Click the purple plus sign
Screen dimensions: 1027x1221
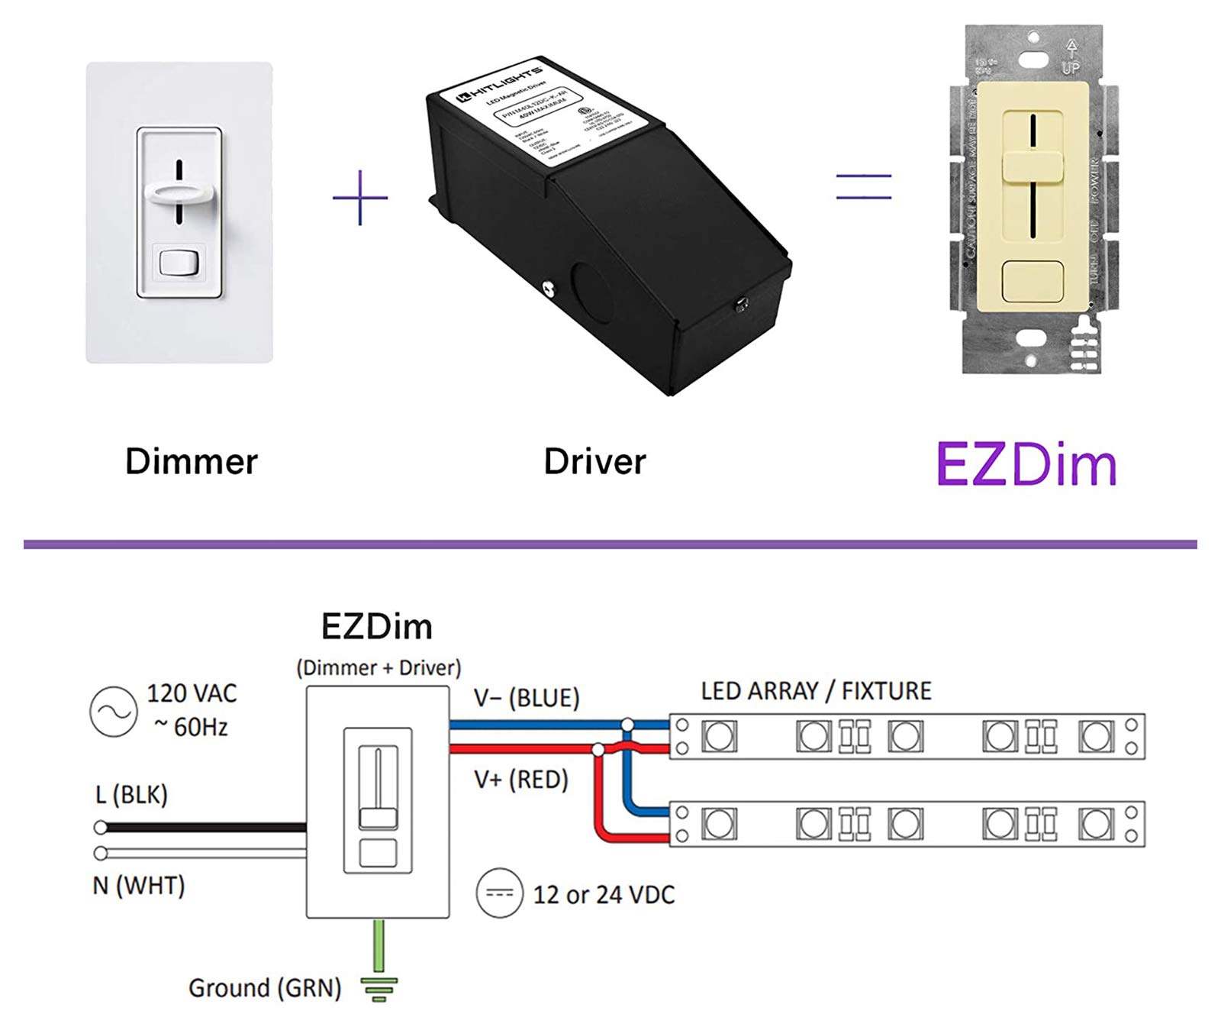pyautogui.click(x=360, y=198)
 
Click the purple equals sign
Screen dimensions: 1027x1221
pyautogui.click(x=863, y=187)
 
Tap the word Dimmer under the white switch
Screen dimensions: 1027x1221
pyautogui.click(x=192, y=462)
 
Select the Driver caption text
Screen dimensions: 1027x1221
pyautogui.click(x=594, y=462)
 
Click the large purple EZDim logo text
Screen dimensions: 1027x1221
pyautogui.click(x=1026, y=465)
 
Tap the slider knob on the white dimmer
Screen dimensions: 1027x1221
pyautogui.click(x=179, y=192)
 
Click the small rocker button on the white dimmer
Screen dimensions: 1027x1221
pyautogui.click(x=179, y=263)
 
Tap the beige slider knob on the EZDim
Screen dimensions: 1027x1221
pyautogui.click(x=1032, y=166)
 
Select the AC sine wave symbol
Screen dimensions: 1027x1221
pyautogui.click(x=113, y=712)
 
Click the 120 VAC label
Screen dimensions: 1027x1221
pyautogui.click(x=192, y=693)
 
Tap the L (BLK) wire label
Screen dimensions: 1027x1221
pyautogui.click(x=131, y=795)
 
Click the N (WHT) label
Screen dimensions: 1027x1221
pyautogui.click(x=139, y=886)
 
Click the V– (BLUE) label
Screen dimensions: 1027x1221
pyautogui.click(x=527, y=698)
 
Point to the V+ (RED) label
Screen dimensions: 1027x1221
pyautogui.click(x=521, y=780)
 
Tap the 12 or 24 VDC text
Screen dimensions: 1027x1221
pyautogui.click(x=604, y=894)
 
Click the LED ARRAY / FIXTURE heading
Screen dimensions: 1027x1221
pyautogui.click(x=816, y=691)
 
